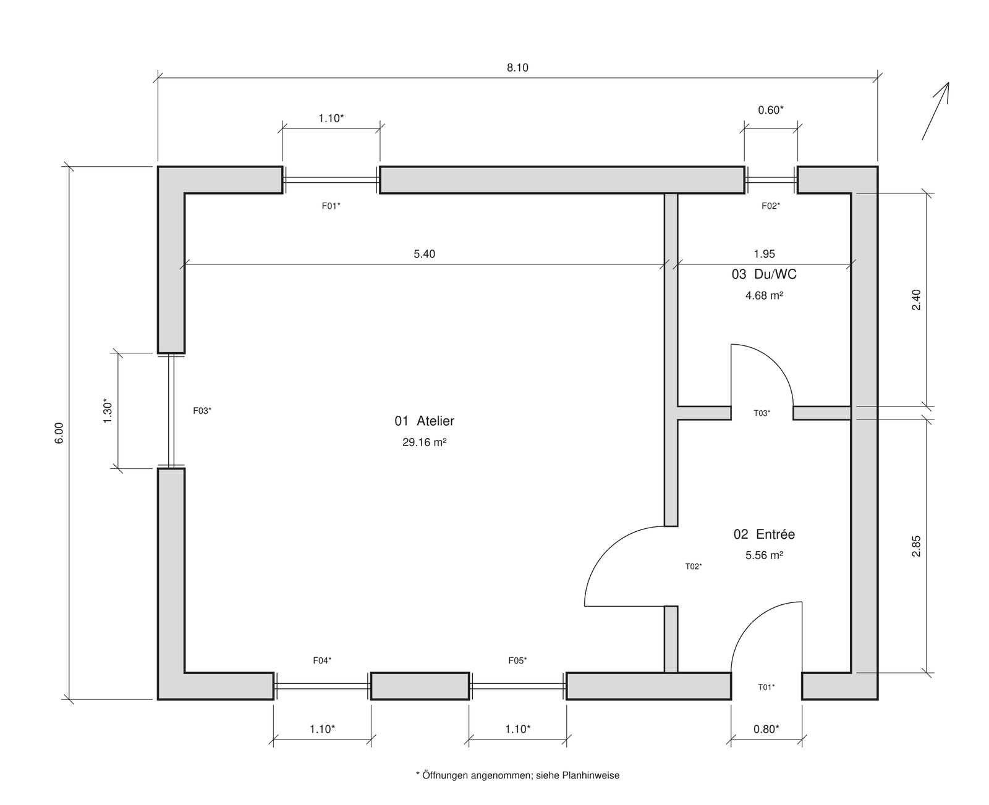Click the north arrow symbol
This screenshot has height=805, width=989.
coord(935,111)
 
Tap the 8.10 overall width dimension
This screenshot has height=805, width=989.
coord(517,68)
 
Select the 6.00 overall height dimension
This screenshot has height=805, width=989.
coord(59,433)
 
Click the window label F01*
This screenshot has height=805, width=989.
coord(331,206)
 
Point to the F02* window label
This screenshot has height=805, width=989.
coord(771,206)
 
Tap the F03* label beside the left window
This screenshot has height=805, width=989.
coord(203,411)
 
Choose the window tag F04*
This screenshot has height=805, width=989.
coord(322,660)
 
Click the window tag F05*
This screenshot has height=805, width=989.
coord(518,660)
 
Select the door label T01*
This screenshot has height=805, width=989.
coord(766,687)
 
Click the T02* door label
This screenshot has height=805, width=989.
coord(694,567)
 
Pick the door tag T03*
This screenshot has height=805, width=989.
coord(762,413)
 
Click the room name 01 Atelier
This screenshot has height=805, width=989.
coord(425,421)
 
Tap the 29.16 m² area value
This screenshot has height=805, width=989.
coord(425,442)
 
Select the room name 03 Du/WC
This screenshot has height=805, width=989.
coord(764,274)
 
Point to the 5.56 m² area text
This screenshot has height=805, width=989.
coord(764,555)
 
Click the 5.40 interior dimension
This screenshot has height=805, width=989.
coord(425,254)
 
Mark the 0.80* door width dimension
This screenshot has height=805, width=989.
coord(766,730)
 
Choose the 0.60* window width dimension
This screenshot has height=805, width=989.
coord(771,110)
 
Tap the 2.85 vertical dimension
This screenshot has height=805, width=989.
coord(916,546)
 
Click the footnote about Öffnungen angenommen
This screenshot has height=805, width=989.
coord(518,775)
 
